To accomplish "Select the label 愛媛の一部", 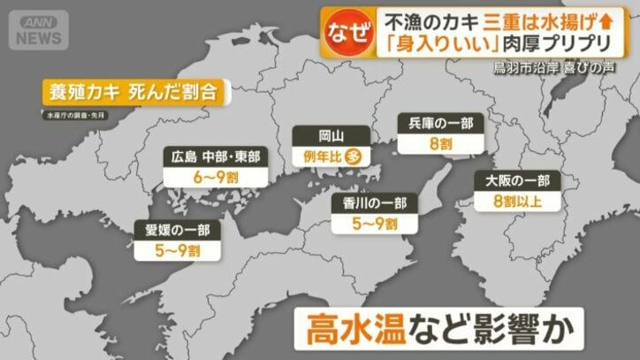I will pyautogui.click(x=177, y=232).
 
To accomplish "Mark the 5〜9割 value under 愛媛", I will pyautogui.click(x=177, y=251).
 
